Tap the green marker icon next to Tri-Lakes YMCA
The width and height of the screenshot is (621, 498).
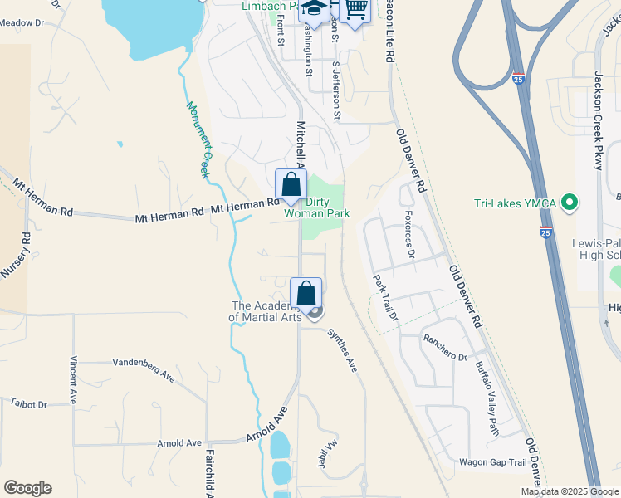pos(569,202)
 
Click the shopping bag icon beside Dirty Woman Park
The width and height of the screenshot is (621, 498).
pos(291,184)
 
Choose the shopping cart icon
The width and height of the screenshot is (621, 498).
pos(355,9)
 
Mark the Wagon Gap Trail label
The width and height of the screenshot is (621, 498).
pos(492,462)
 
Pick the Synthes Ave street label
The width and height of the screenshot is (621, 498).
pos(341,349)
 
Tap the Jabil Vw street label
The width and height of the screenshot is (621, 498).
pos(325,453)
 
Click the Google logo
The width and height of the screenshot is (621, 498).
pos(27,488)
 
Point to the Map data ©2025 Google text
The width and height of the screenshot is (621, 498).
pos(569,491)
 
